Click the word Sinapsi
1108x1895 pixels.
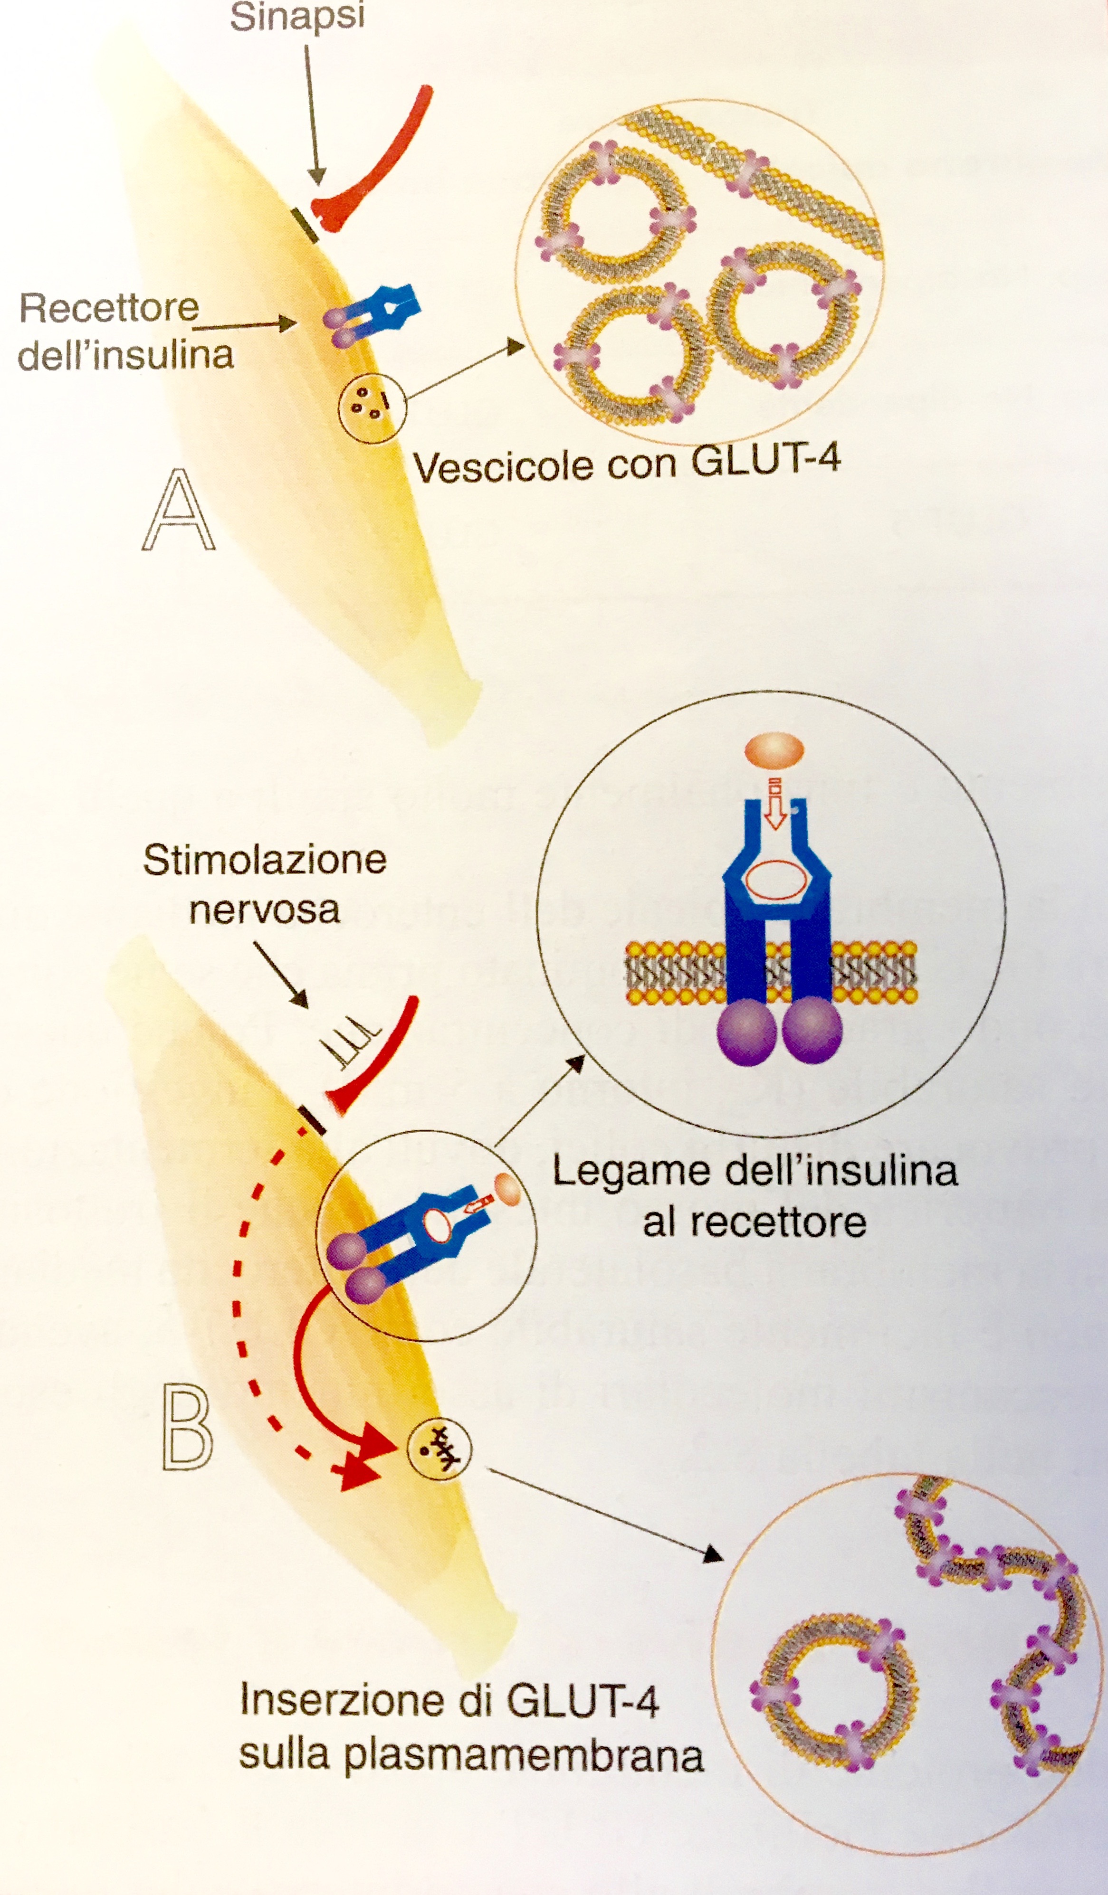(297, 17)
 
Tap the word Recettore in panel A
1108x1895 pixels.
(109, 308)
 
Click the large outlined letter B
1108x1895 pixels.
(187, 1428)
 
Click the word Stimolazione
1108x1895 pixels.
(265, 860)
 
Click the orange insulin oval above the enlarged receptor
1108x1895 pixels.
(774, 750)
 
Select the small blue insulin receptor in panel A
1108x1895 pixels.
(373, 312)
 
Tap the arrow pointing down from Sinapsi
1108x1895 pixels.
(313, 113)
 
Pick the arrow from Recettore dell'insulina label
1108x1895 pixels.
(245, 326)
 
